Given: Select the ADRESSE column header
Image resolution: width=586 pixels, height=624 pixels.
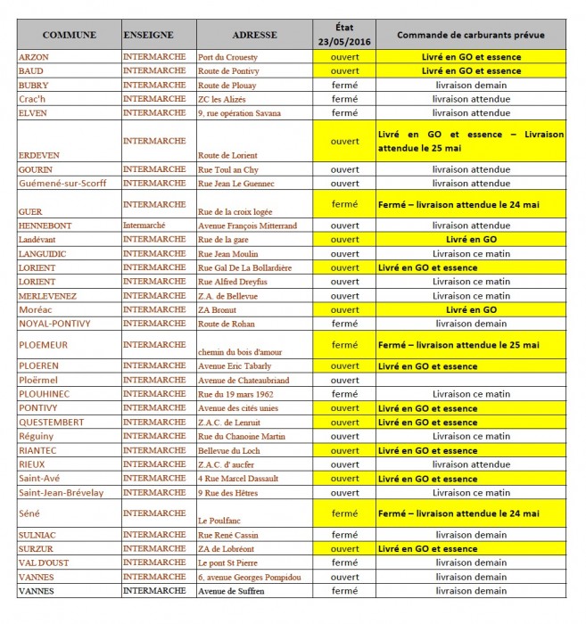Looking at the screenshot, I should pos(254,35).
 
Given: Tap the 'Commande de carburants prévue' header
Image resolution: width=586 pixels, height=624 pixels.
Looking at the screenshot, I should pos(471,35).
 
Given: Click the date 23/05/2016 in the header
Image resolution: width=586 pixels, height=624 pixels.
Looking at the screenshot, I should pos(344,42).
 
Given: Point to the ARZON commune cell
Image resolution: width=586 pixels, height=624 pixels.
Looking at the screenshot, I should pos(34,56).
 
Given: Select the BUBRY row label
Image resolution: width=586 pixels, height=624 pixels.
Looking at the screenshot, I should pos(34,85).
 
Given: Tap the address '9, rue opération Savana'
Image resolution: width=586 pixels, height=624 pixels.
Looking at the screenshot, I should pos(241,113).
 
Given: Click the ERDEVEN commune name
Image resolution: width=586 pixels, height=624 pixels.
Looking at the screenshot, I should pos(39,155).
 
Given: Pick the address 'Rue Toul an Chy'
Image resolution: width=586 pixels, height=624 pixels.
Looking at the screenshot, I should pos(228,169).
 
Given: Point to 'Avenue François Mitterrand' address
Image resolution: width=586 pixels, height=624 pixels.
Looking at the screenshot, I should pos(247,226).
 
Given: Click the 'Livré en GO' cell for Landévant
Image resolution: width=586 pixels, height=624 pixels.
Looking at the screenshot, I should pos(471,240).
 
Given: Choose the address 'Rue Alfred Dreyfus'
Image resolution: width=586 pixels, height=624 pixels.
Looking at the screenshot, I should pos(232,282).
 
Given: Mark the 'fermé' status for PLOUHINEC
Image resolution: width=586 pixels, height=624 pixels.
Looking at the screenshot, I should pos(344,394).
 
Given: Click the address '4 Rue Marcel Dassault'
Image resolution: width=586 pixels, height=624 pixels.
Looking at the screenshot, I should pos(235,479).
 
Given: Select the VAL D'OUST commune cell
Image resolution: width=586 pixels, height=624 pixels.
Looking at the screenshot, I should pos(43,562).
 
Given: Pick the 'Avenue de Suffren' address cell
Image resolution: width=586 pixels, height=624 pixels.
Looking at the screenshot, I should pos(232,591).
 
